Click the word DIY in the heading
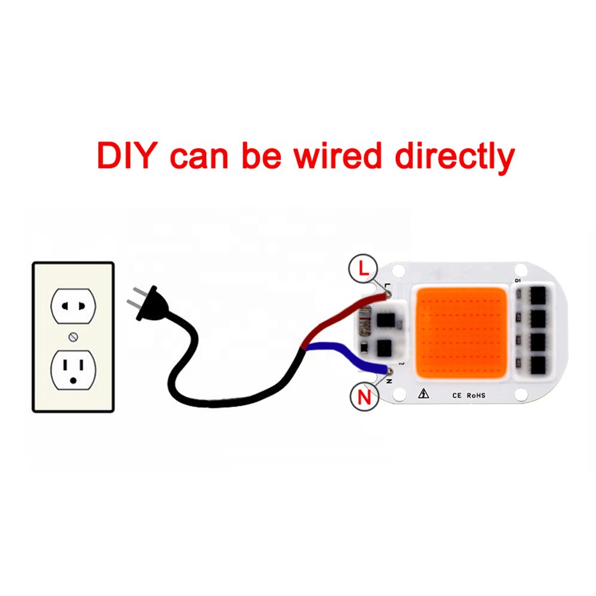pos(128,156)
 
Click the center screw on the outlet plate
pos(73,337)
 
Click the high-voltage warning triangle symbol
pos(424,393)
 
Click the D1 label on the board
pos(517,281)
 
